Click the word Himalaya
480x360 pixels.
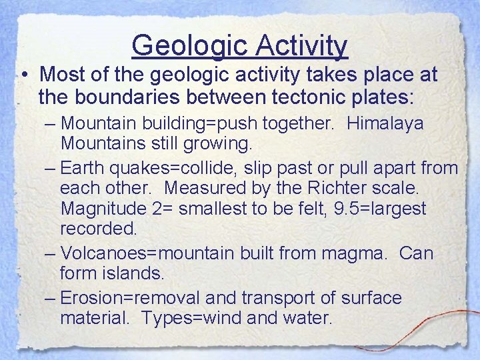coord(386,124)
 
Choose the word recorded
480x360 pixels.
coord(98,229)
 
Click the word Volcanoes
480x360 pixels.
coord(107,253)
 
